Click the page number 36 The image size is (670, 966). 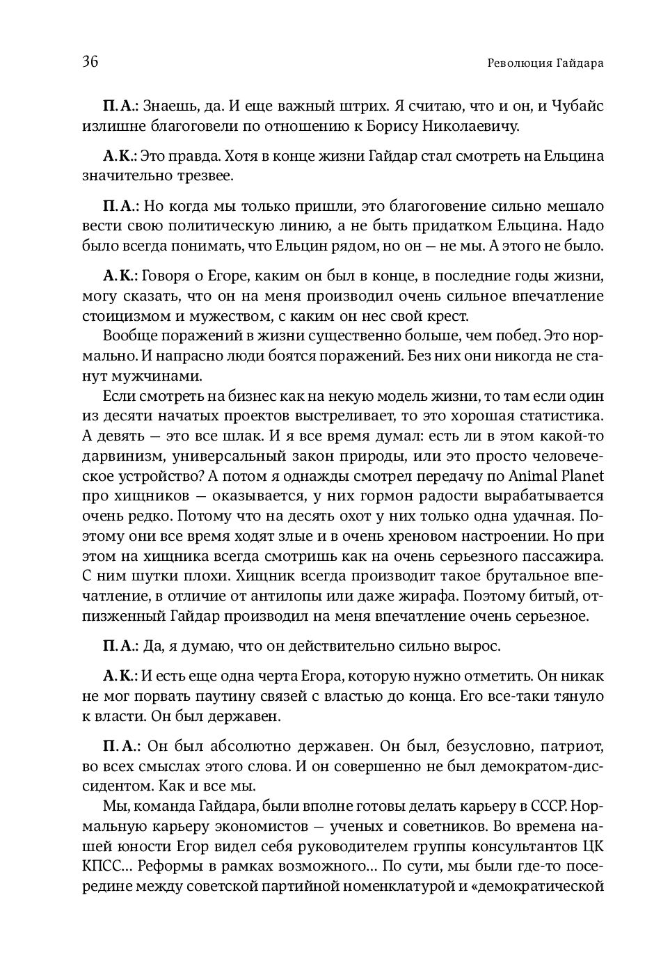(x=90, y=62)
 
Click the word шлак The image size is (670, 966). (x=237, y=436)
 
